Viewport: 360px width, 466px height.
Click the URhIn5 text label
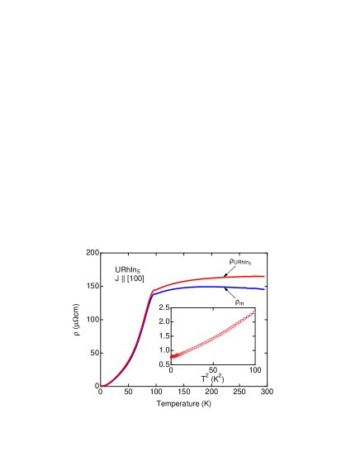128,270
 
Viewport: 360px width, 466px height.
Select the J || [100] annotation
130,278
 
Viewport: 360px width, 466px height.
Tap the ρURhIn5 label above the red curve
239,262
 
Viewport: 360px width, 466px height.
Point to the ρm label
239,302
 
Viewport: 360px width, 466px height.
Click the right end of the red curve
264,276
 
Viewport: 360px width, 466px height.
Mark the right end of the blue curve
264,289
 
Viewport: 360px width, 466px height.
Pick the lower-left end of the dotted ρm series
172,357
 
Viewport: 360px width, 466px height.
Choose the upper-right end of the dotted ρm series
254,311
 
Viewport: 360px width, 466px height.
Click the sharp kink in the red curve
153,291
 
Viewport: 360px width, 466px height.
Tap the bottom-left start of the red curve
102,386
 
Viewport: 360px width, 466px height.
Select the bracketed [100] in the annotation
135,278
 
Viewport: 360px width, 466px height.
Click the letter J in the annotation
116,278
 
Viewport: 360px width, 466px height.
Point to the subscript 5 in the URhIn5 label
140,272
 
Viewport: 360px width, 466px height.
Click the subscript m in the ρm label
241,304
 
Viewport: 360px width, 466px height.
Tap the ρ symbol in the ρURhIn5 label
231,261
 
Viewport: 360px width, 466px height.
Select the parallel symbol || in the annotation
122,278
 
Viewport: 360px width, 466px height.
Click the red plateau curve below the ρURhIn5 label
239,277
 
